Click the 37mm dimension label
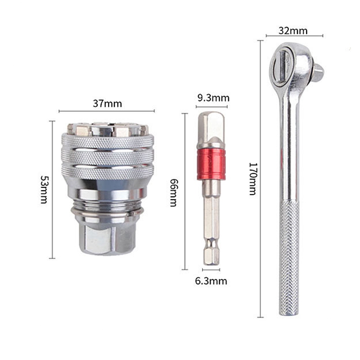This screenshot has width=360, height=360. coord(107,103)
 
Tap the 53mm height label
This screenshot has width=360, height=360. coord(44,189)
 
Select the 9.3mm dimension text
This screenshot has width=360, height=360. coord(213,98)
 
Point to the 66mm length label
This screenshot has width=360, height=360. coord(174,193)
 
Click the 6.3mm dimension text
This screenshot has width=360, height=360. coord(211,281)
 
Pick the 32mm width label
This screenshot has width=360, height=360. coord(293,31)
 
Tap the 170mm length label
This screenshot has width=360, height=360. coord(253,179)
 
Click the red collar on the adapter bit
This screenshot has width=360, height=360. coord(211,164)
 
